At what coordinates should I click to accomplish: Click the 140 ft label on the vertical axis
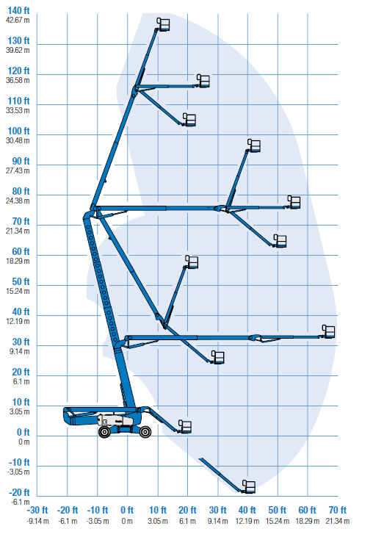18,11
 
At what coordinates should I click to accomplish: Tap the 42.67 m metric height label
18,21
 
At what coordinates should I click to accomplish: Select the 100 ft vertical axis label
18,132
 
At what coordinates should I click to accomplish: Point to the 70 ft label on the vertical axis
21,221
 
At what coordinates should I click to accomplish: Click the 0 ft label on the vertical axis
23,432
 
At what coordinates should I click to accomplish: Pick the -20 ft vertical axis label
19,492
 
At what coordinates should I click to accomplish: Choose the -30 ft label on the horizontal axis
37,510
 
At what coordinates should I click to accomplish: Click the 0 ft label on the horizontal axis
127,510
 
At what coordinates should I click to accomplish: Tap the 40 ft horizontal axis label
247,510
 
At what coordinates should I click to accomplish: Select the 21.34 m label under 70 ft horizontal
338,522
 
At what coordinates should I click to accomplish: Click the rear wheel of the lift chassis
104,432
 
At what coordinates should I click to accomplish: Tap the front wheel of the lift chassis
145,432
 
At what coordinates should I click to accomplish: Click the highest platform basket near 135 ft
164,24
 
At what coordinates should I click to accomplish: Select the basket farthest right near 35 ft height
329,331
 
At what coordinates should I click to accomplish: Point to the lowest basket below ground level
249,486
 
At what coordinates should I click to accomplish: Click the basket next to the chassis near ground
185,427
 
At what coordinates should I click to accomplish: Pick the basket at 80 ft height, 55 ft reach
294,202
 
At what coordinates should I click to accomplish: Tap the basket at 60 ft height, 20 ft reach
192,262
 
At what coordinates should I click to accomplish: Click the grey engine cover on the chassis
115,420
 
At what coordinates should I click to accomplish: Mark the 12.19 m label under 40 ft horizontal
247,522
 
